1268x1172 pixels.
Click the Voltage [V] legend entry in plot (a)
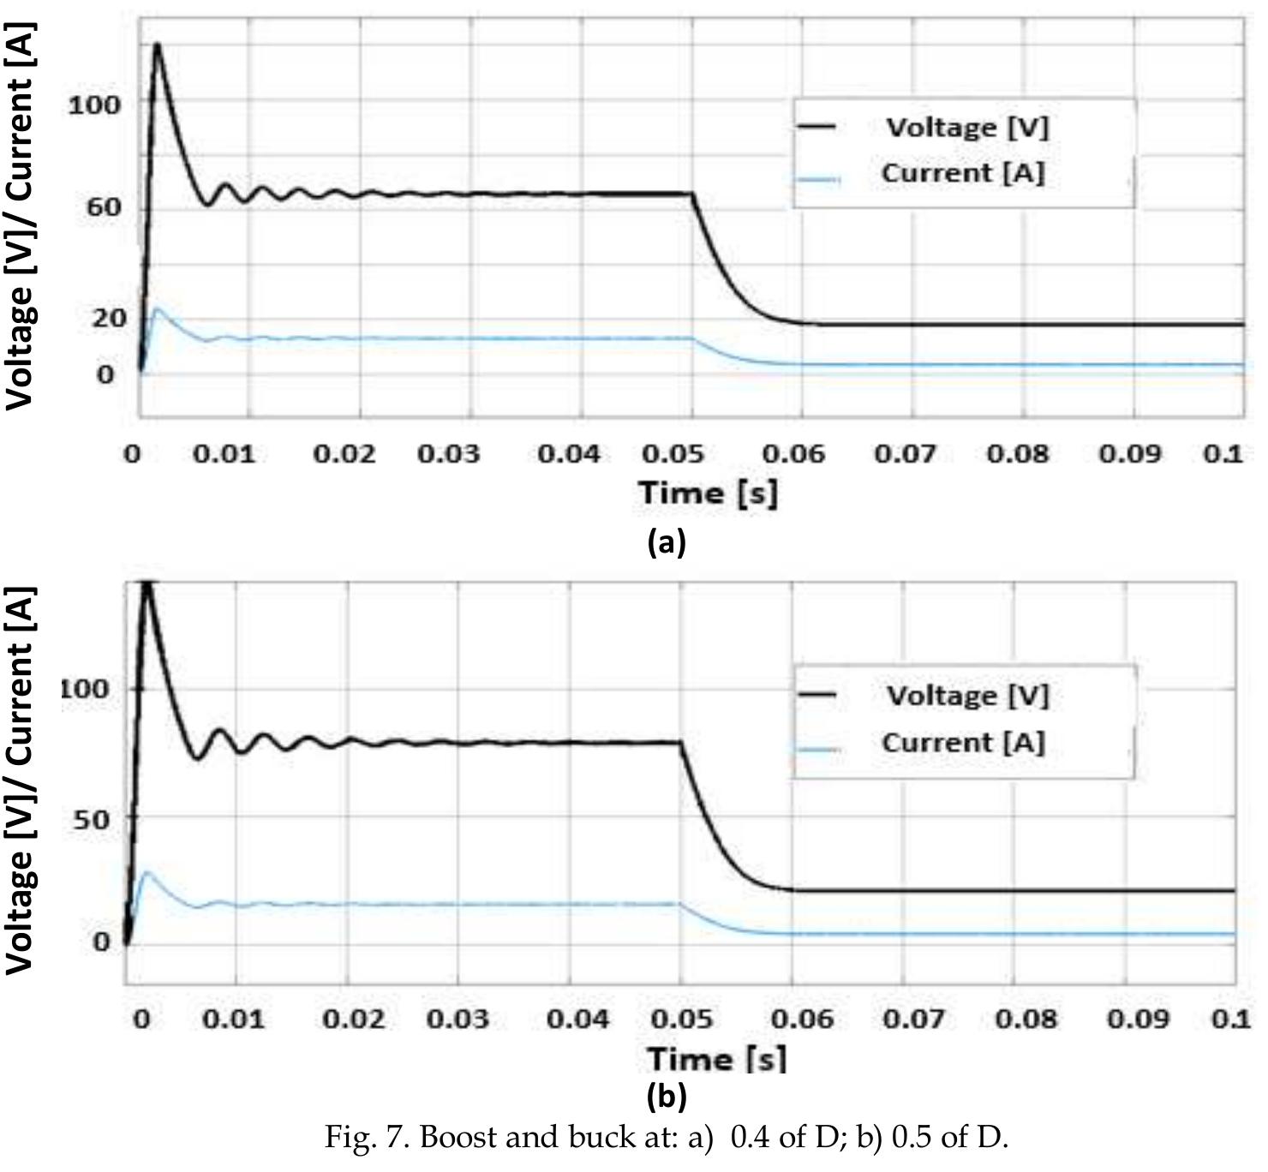(x=966, y=128)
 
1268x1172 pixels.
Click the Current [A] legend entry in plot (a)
(x=962, y=174)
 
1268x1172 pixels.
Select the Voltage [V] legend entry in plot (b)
(x=966, y=696)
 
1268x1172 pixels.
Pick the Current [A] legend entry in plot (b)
(x=963, y=743)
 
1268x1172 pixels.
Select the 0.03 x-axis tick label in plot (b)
(x=458, y=1020)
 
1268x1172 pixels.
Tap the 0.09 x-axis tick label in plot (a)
(x=1130, y=453)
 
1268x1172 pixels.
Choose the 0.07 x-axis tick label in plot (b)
(x=914, y=1020)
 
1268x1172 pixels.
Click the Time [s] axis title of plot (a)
(x=709, y=493)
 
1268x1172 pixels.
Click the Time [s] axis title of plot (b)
(x=716, y=1059)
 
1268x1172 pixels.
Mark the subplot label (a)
(x=667, y=542)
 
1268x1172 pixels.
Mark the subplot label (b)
(x=667, y=1096)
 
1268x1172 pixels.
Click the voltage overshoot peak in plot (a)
(x=157, y=44)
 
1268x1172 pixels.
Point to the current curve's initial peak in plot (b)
(x=147, y=873)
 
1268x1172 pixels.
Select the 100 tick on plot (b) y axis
(x=86, y=689)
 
